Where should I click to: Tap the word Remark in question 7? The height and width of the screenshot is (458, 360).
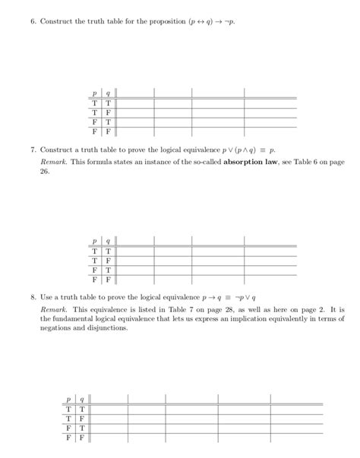coord(52,162)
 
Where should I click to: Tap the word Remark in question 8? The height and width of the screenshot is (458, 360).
coord(52,311)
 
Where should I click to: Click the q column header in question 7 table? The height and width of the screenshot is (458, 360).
coord(108,241)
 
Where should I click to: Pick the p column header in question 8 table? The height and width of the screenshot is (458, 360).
coord(69,398)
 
